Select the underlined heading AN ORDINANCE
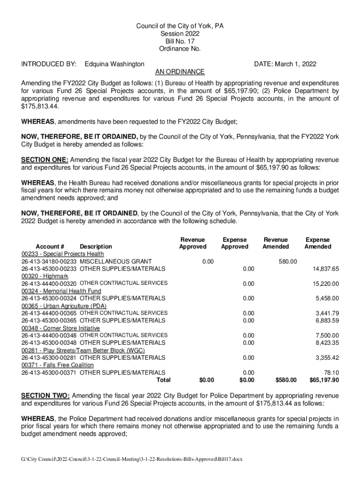click(180, 72)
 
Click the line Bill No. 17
click(180, 41)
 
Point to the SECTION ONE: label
click(45, 160)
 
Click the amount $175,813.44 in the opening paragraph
click(41, 107)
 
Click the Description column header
click(96, 247)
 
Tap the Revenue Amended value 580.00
click(288, 261)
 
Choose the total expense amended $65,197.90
click(324, 380)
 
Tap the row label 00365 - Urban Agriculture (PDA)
click(63, 305)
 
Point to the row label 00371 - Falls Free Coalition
click(58, 365)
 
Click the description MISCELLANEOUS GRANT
click(115, 261)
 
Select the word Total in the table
click(163, 380)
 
